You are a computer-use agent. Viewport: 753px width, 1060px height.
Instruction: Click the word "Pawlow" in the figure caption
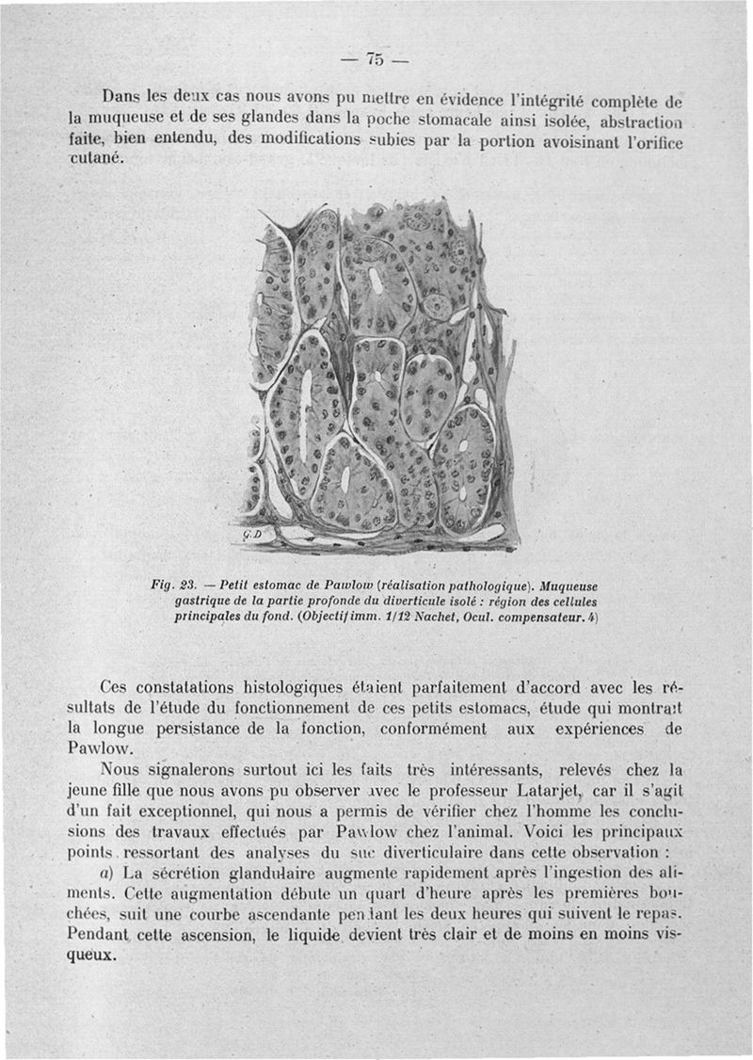click(320, 584)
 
